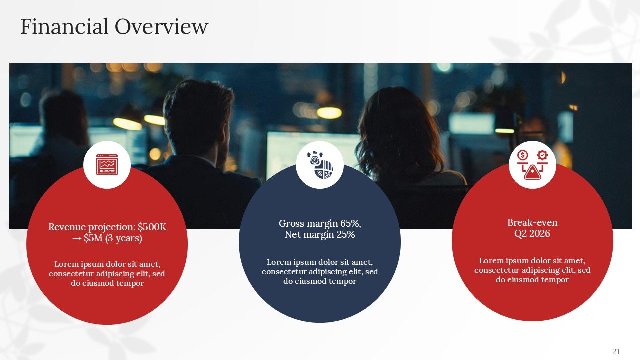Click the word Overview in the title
tap(161, 26)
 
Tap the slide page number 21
tap(616, 351)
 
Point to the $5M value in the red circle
tap(93, 239)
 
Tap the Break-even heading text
tap(532, 222)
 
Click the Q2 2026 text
tap(532, 233)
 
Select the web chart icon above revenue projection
tap(107, 165)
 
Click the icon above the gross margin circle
tap(319, 165)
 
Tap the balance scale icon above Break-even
tap(532, 165)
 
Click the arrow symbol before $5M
tap(77, 239)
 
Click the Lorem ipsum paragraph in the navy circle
tap(320, 271)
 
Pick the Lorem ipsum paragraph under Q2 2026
tap(532, 270)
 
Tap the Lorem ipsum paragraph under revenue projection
tap(107, 273)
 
